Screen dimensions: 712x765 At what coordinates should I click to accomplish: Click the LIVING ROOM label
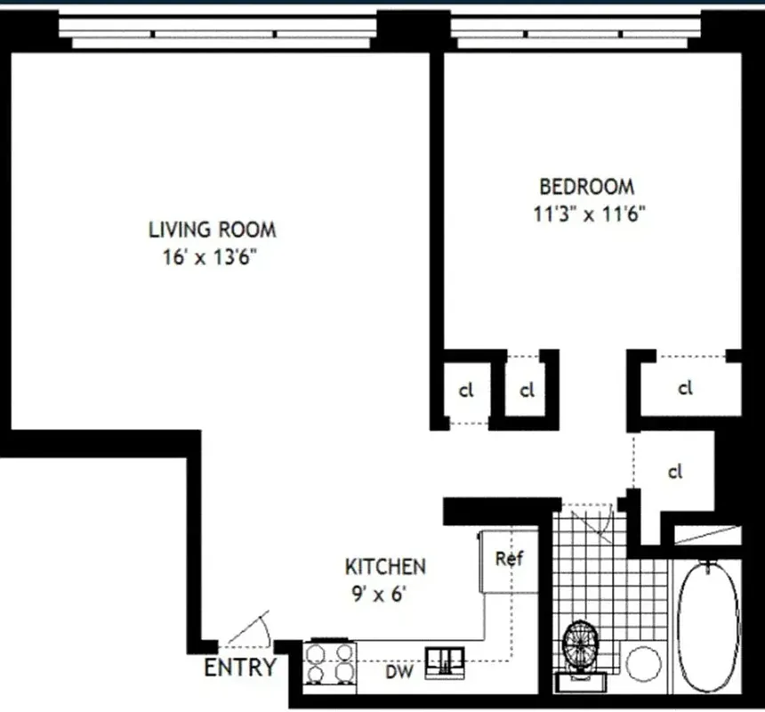[212, 230]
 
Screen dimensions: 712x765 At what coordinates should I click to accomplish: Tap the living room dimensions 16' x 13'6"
[211, 258]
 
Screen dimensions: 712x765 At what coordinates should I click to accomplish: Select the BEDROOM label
[587, 187]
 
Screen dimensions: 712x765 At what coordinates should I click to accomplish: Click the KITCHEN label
[385, 566]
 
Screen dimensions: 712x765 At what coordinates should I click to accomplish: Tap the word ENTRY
[240, 668]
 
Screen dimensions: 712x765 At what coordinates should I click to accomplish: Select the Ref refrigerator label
[510, 560]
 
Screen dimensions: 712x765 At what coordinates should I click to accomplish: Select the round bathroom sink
[642, 663]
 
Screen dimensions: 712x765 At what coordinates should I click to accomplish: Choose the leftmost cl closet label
[465, 390]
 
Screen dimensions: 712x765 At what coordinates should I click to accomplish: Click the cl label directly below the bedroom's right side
[684, 388]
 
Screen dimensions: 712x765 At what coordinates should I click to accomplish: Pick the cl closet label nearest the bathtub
[675, 472]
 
